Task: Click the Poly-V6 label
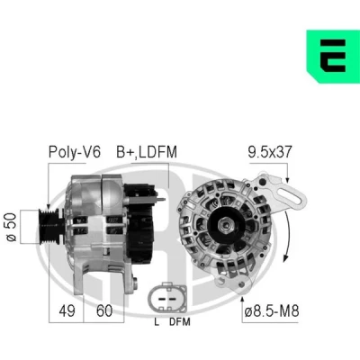[75, 152]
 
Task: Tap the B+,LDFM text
[147, 152]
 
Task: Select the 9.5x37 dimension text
[270, 152]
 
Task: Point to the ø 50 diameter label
[12, 227]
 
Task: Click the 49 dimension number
[67, 310]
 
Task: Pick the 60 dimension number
[104, 310]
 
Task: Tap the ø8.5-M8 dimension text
[272, 310]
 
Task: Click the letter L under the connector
[157, 322]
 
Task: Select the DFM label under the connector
[180, 322]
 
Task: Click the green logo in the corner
[333, 57]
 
